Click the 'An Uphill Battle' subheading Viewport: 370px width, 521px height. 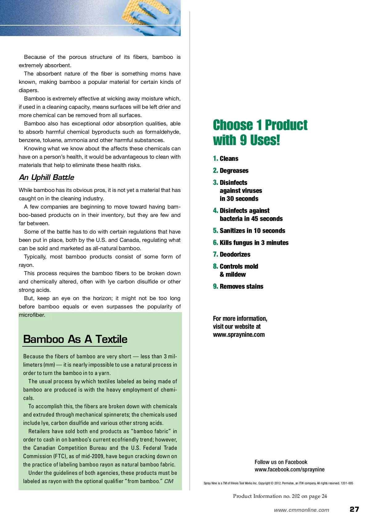(x=47, y=177)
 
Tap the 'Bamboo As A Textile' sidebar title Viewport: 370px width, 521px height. (x=75, y=339)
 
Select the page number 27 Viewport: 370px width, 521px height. (x=354, y=509)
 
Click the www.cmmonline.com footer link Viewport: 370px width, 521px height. (x=301, y=510)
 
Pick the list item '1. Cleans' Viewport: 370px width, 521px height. (x=226, y=159)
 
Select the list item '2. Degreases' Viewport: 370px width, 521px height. (x=231, y=171)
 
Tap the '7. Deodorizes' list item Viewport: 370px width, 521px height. (x=232, y=254)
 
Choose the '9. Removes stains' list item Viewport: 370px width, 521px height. (x=238, y=287)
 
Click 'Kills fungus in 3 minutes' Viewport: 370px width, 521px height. (x=254, y=243)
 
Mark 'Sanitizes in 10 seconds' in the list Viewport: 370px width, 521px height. (x=252, y=231)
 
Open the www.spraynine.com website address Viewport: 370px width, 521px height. (x=239, y=335)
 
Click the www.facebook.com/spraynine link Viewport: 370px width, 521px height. (x=290, y=470)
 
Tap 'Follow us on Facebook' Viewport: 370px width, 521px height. (x=281, y=462)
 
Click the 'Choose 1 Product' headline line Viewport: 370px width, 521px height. (x=260, y=125)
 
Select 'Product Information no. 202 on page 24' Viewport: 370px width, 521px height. (x=280, y=496)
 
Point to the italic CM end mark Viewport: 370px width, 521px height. (x=169, y=481)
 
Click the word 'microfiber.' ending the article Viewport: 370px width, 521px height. (x=32, y=315)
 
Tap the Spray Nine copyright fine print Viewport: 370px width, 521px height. (x=278, y=483)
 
